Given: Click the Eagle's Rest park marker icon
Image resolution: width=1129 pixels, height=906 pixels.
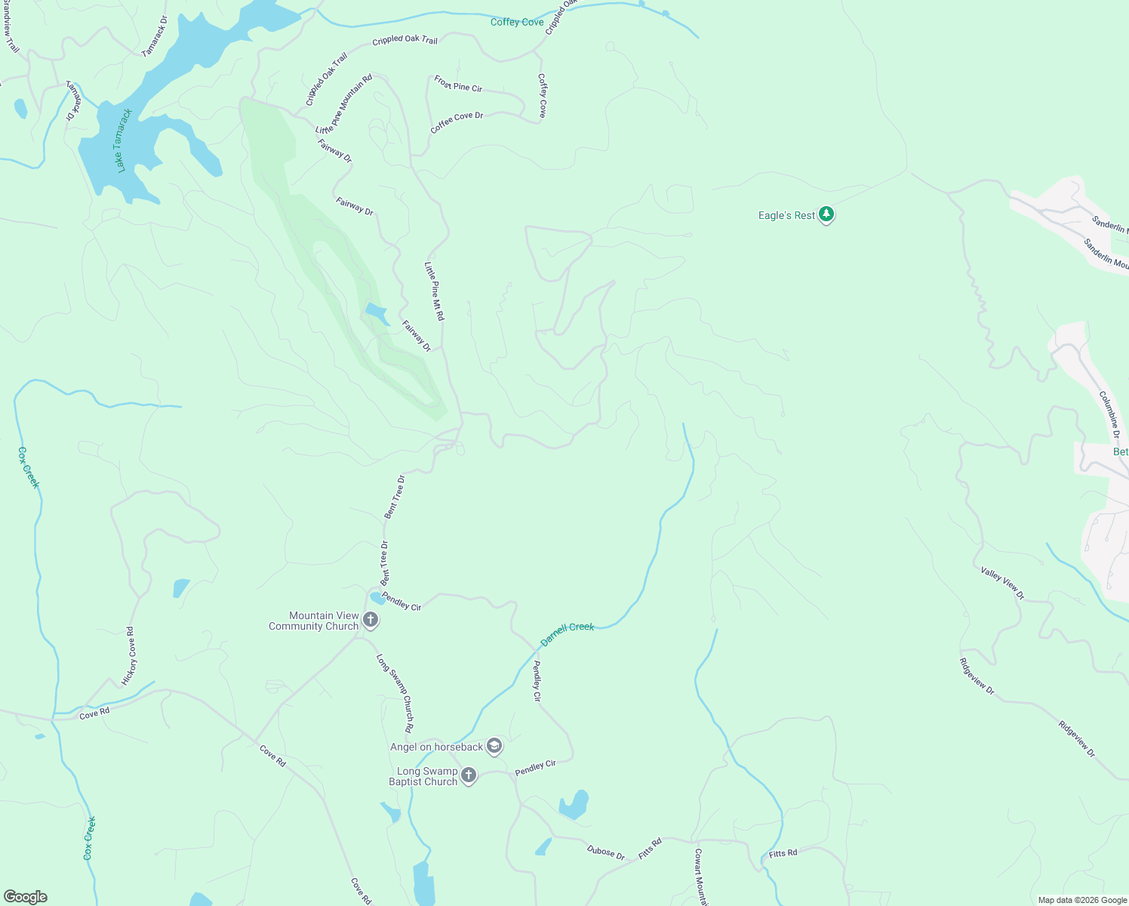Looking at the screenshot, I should point(826,215).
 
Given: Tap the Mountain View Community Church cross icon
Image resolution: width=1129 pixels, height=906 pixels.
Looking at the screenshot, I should point(371,620).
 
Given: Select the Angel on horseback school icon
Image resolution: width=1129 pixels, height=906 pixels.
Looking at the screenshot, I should point(494,747).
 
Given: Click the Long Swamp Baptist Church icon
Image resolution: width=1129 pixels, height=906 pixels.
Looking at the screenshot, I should point(469,775).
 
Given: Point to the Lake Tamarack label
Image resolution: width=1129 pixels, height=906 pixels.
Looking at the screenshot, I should point(125,140).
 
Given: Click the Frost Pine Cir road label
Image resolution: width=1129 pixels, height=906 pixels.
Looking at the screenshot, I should point(458,84).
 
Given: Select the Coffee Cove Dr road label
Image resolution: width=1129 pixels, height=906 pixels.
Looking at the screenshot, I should point(457,122).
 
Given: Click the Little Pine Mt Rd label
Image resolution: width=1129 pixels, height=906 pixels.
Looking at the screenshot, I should point(434,291).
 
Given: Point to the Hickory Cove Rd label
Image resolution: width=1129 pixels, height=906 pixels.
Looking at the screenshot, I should point(130,656).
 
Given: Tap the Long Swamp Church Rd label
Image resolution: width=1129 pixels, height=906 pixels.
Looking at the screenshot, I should point(395,693).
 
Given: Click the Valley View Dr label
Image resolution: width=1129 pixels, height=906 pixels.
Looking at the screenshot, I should point(1002,583).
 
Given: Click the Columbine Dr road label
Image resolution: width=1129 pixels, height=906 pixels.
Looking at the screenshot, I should point(1109,414).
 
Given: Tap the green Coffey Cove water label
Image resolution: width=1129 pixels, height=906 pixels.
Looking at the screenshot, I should point(517,22).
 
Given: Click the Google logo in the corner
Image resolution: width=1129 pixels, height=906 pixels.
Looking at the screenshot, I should point(26,897).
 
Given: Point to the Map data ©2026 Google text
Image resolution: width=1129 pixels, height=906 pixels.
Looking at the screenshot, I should point(1082,900).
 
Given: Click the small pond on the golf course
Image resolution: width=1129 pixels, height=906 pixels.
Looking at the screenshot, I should point(376,312).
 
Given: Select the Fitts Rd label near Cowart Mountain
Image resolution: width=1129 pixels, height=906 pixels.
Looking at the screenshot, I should point(783,854).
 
